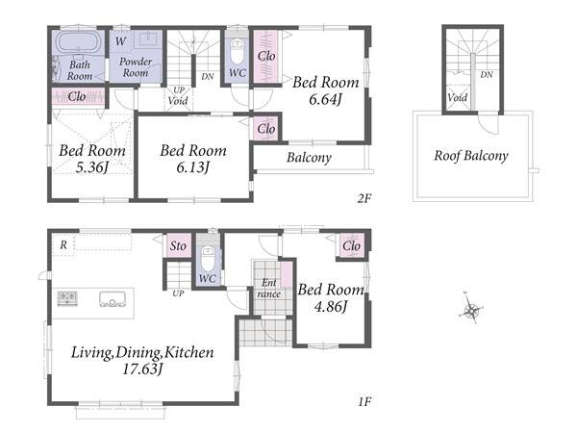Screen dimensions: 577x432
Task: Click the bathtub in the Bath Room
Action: (78, 42)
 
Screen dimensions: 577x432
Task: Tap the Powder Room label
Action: (136, 67)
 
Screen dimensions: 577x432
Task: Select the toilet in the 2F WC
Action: (238, 52)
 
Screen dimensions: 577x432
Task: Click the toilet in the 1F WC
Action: (209, 259)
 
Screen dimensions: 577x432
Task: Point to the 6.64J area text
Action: (325, 99)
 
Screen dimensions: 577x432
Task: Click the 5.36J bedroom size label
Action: (91, 168)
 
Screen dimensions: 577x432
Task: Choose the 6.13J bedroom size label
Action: (193, 168)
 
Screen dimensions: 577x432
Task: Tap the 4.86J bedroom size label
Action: (330, 306)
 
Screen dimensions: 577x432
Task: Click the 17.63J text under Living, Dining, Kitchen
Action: (142, 368)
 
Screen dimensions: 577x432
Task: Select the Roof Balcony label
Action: (471, 156)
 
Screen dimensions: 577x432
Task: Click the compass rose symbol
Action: (471, 309)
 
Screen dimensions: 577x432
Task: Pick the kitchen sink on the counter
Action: (113, 299)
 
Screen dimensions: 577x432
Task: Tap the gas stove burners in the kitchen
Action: (67, 297)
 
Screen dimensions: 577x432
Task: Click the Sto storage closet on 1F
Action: (179, 245)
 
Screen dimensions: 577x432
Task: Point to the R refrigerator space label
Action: (63, 244)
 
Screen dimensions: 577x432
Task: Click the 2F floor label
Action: (364, 198)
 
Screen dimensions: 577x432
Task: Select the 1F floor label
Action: (364, 401)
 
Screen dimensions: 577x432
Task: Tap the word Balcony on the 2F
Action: (309, 158)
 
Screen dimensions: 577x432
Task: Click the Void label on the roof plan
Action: (458, 97)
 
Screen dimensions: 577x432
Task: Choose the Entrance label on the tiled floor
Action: (269, 289)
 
